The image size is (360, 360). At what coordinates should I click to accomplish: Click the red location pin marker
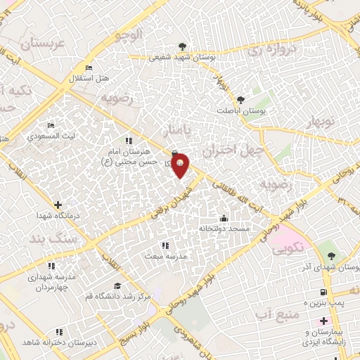click(x=180, y=165)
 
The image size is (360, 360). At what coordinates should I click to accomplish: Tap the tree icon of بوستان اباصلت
click(x=240, y=100)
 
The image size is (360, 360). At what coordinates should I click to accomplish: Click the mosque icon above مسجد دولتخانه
click(x=224, y=218)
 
